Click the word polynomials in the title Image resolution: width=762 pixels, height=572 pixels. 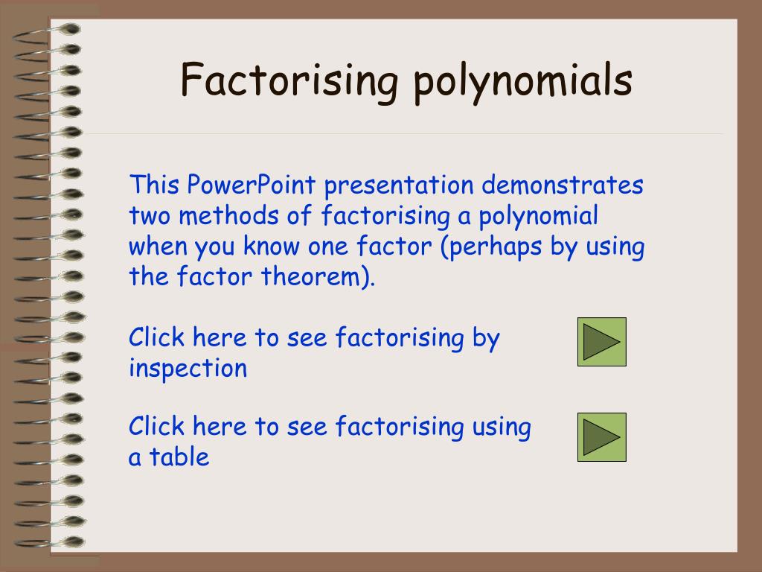pyautogui.click(x=522, y=82)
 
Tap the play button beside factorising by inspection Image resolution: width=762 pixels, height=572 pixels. pyautogui.click(x=601, y=342)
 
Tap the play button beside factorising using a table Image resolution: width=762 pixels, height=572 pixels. pyautogui.click(x=601, y=437)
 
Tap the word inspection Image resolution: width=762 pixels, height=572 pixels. pyautogui.click(x=188, y=369)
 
